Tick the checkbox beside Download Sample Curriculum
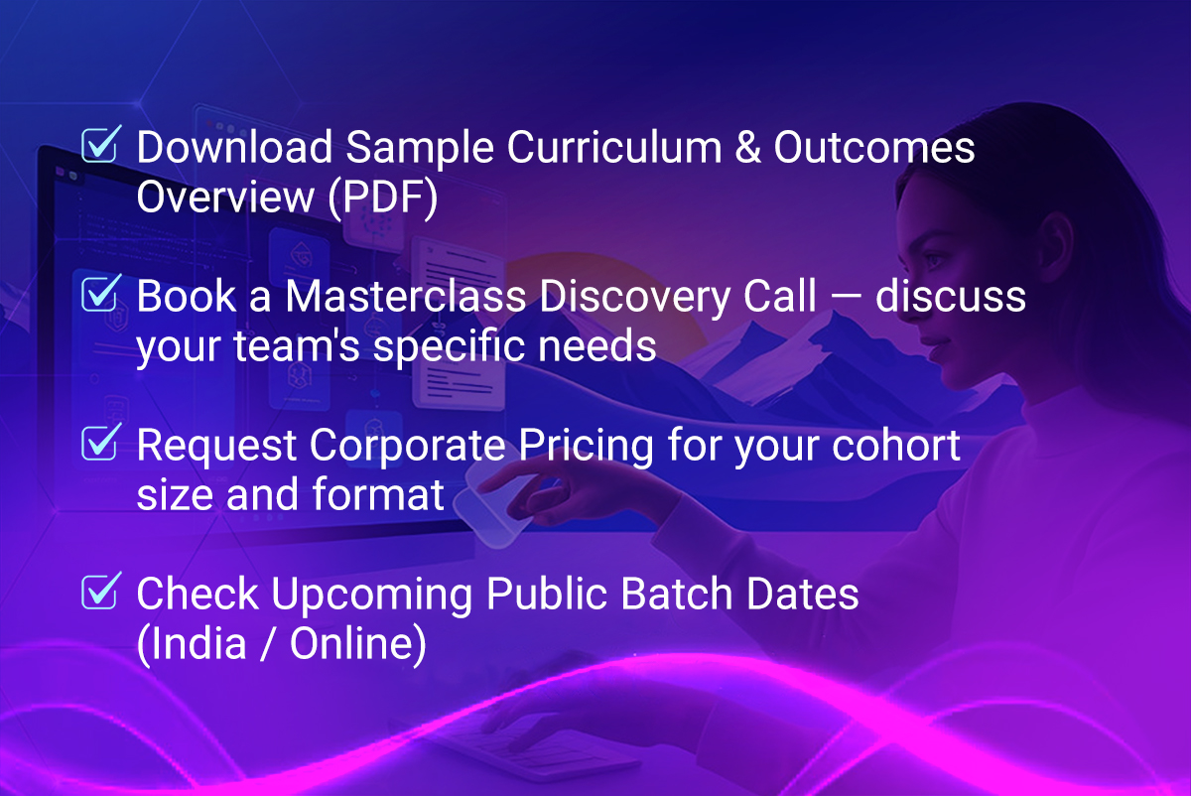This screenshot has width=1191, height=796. coord(99,145)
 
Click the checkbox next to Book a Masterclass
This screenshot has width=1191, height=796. coord(99,294)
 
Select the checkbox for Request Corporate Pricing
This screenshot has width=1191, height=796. coord(99,443)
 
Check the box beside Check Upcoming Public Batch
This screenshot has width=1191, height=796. coord(99,592)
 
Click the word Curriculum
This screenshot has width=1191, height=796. coord(614,147)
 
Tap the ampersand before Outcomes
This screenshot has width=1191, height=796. coord(747,147)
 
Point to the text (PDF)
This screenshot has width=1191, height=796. coord(383,198)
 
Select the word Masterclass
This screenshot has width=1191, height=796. coord(406,296)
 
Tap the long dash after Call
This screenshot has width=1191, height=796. coord(846,298)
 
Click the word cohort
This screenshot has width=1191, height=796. coord(896,445)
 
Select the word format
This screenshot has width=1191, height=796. coord(378,494)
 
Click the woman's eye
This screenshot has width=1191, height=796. coord(934,262)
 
